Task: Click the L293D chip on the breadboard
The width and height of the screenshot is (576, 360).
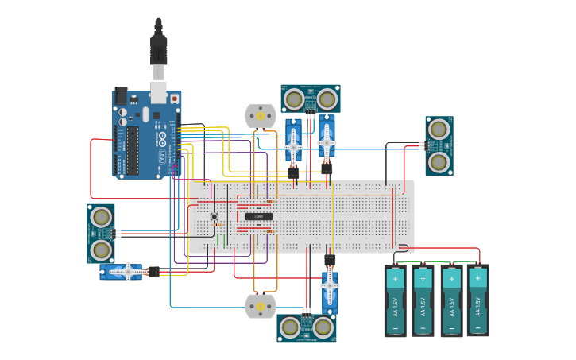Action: pyautogui.click(x=259, y=216)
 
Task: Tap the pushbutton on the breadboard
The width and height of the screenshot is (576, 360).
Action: pyautogui.click(x=214, y=216)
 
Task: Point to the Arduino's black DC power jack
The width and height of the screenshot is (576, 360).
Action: pyautogui.click(x=121, y=95)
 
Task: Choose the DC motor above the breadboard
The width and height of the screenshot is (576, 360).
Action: pyautogui.click(x=259, y=115)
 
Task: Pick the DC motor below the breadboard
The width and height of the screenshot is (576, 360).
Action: pyautogui.click(x=259, y=305)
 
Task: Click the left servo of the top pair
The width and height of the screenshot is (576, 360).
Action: pyautogui.click(x=293, y=145)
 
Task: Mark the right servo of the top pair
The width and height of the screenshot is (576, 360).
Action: pyautogui.click(x=327, y=141)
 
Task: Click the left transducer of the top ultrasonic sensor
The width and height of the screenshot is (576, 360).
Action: pyautogui.click(x=294, y=99)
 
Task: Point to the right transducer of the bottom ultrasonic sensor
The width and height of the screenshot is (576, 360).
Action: pyautogui.click(x=322, y=327)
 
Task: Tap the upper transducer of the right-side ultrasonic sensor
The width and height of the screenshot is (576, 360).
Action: pyautogui.click(x=438, y=130)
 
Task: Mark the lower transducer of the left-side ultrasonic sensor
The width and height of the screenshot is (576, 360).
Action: pyautogui.click(x=100, y=250)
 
